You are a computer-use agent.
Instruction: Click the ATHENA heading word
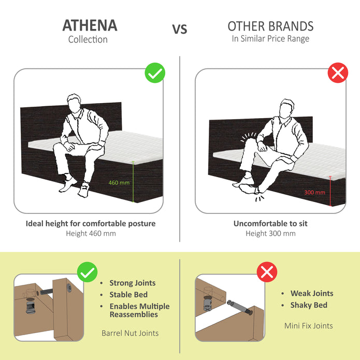pyautogui.click(x=90, y=25)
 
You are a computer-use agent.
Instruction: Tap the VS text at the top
pyautogui.click(x=180, y=29)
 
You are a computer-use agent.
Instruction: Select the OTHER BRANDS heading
pyautogui.click(x=270, y=26)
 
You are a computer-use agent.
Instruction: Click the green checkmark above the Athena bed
pyautogui.click(x=155, y=74)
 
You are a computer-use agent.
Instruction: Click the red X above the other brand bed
pyautogui.click(x=338, y=73)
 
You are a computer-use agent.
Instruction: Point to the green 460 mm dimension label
pyautogui.click(x=119, y=182)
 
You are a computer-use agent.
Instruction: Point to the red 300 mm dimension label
pyautogui.click(x=314, y=192)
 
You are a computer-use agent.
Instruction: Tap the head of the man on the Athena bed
pyautogui.click(x=76, y=103)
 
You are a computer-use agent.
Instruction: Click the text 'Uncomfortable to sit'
pyautogui.click(x=270, y=224)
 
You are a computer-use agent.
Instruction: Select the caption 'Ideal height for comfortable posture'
pyautogui.click(x=91, y=224)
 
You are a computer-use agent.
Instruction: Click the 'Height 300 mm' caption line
pyautogui.click(x=270, y=234)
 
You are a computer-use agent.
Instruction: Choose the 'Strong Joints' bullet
pyautogui.click(x=132, y=283)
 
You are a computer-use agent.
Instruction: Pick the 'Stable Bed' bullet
pyautogui.click(x=128, y=295)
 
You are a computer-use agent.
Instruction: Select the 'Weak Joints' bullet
pyautogui.click(x=311, y=293)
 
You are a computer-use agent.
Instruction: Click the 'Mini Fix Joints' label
pyautogui.click(x=308, y=326)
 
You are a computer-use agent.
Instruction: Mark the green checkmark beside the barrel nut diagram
pyautogui.click(x=87, y=272)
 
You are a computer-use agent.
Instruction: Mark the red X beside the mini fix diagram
pyautogui.click(x=267, y=271)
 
